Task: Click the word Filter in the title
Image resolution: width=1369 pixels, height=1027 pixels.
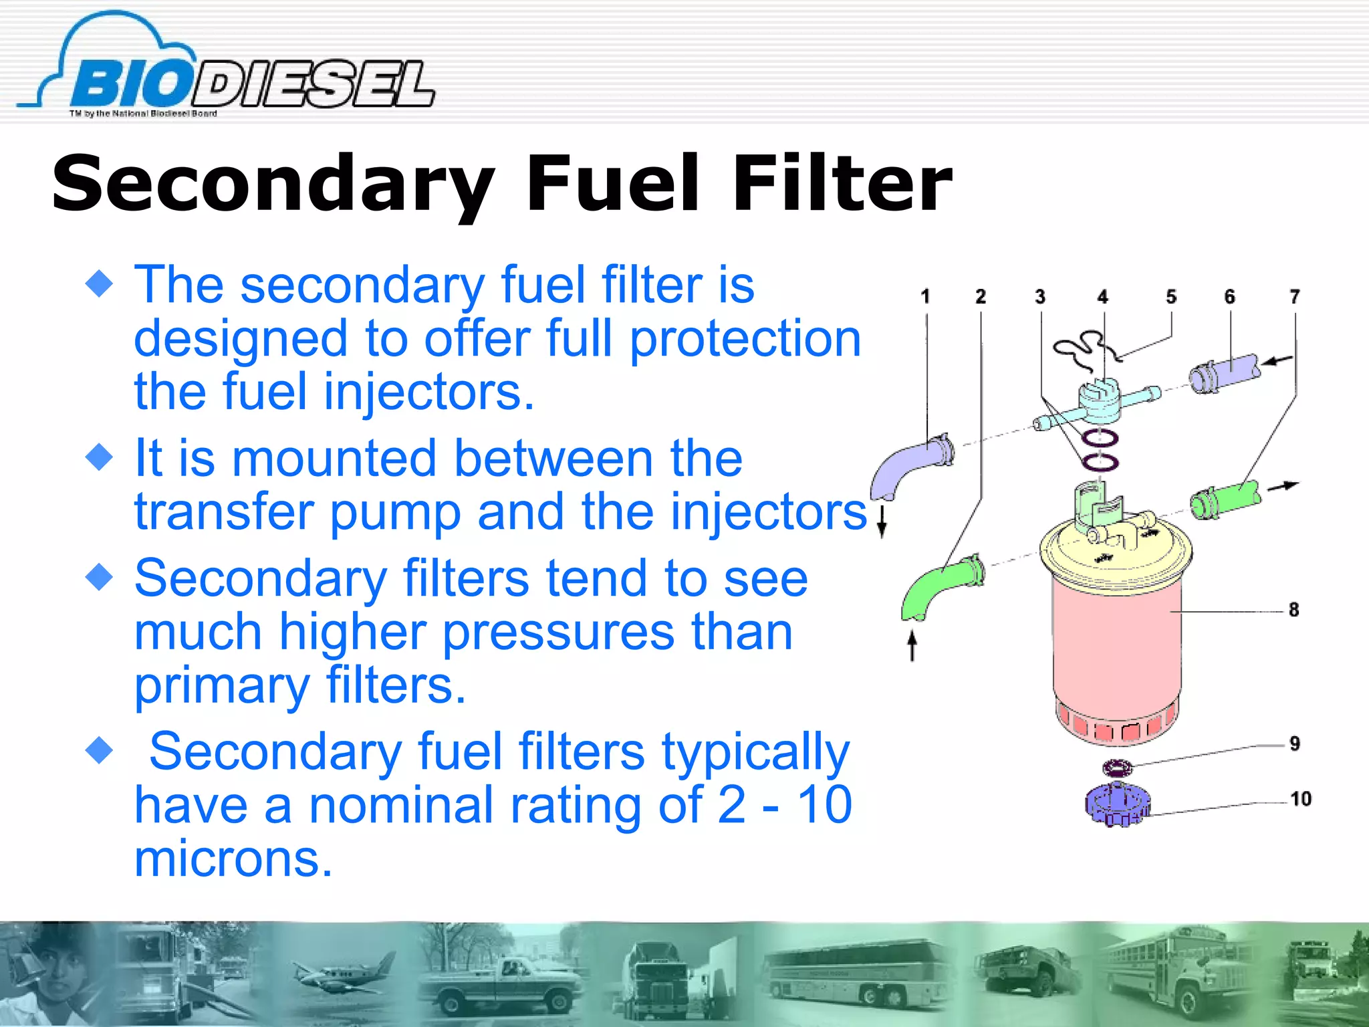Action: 842,183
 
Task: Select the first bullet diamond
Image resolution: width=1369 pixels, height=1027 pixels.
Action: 100,283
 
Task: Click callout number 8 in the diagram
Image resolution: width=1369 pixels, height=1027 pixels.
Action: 1294,610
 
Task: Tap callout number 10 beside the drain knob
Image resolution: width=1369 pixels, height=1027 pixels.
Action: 1301,799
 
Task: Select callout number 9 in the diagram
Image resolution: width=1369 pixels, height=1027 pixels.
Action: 1295,744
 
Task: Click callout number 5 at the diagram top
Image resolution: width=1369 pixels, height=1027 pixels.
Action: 1171,297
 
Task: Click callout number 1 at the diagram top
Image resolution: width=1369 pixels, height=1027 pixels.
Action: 925,297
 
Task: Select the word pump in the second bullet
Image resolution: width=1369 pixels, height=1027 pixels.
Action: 395,511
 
